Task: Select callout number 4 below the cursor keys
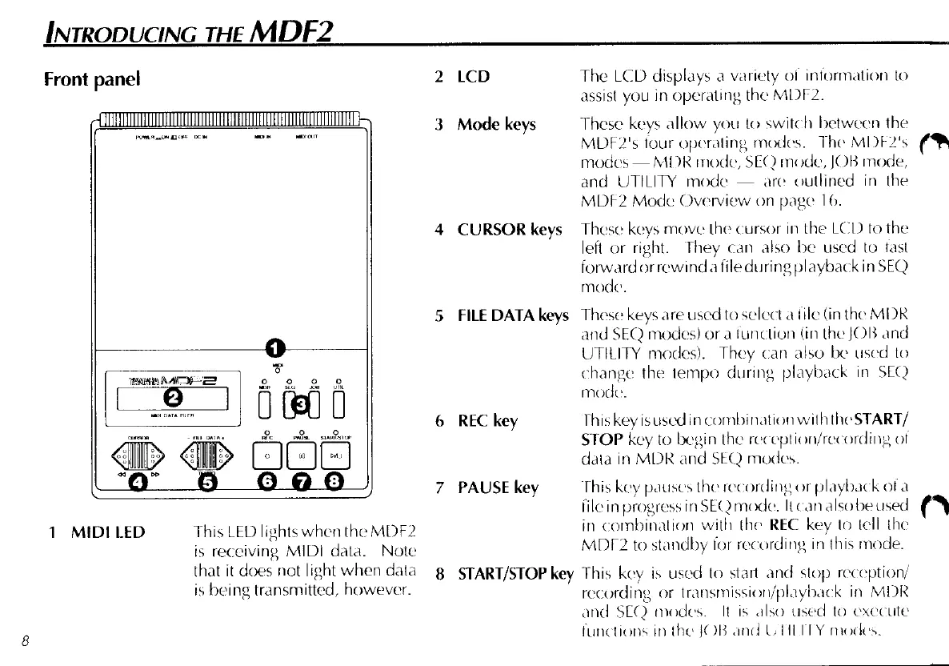pos(140,481)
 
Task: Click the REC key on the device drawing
pos(266,456)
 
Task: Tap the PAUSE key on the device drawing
pos(302,456)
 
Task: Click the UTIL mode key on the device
pos(338,403)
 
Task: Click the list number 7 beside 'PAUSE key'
pos(438,487)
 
